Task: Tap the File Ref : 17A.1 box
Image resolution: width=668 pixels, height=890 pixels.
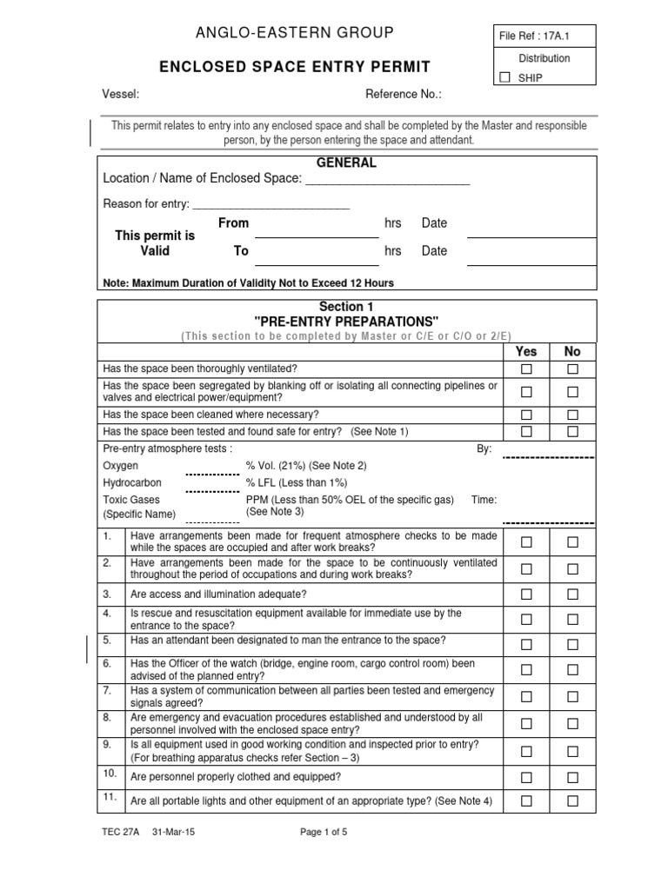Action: pos(543,37)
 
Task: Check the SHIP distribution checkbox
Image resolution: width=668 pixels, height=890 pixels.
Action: pos(505,77)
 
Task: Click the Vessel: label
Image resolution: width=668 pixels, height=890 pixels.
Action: pos(121,94)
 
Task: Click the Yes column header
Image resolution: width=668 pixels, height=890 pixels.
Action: pos(526,351)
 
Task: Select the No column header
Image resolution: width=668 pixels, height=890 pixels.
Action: pos(572,351)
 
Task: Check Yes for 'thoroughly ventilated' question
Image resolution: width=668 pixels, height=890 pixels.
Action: pos(526,369)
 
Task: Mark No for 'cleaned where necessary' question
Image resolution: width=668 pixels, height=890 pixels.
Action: pos(572,414)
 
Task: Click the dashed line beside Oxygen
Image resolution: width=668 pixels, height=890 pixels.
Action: pos(212,475)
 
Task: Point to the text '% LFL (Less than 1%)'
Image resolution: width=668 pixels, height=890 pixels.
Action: pos(297,482)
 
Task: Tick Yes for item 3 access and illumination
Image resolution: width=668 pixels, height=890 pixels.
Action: pos(526,594)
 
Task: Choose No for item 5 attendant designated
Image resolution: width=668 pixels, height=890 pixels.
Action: pos(572,644)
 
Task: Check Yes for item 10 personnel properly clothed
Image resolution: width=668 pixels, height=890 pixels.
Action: pos(526,777)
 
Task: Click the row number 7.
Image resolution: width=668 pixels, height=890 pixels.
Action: pos(108,690)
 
